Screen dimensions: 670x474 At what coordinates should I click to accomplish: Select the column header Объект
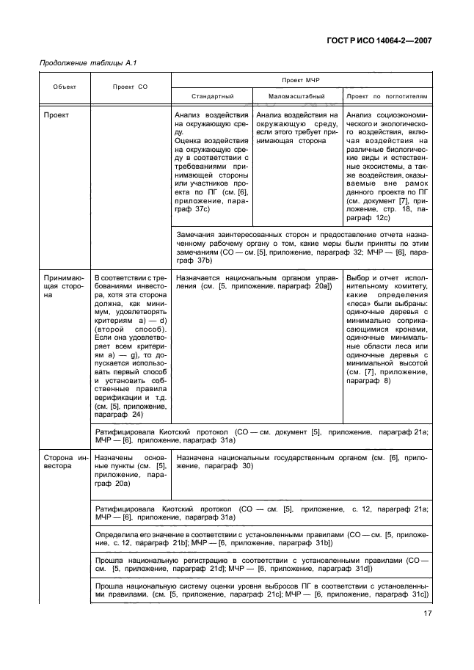click(64, 87)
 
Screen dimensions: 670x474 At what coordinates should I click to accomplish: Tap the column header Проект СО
click(130, 87)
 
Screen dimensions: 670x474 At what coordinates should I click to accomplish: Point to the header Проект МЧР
click(301, 79)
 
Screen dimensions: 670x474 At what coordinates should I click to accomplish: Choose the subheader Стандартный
click(212, 96)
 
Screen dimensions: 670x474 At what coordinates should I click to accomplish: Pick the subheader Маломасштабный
click(296, 96)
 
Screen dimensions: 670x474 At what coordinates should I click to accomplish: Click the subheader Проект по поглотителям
click(387, 96)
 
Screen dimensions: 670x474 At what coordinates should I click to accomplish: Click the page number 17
click(426, 614)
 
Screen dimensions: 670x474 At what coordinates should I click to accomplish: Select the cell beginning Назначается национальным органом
click(255, 283)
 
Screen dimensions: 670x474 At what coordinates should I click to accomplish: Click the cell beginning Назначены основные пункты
click(129, 470)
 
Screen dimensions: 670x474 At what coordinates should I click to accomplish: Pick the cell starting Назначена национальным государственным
click(301, 461)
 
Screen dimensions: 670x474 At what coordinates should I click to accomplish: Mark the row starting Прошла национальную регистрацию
click(260, 564)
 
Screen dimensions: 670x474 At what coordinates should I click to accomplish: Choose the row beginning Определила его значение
click(260, 539)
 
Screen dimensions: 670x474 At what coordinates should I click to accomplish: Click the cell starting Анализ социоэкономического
click(387, 166)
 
